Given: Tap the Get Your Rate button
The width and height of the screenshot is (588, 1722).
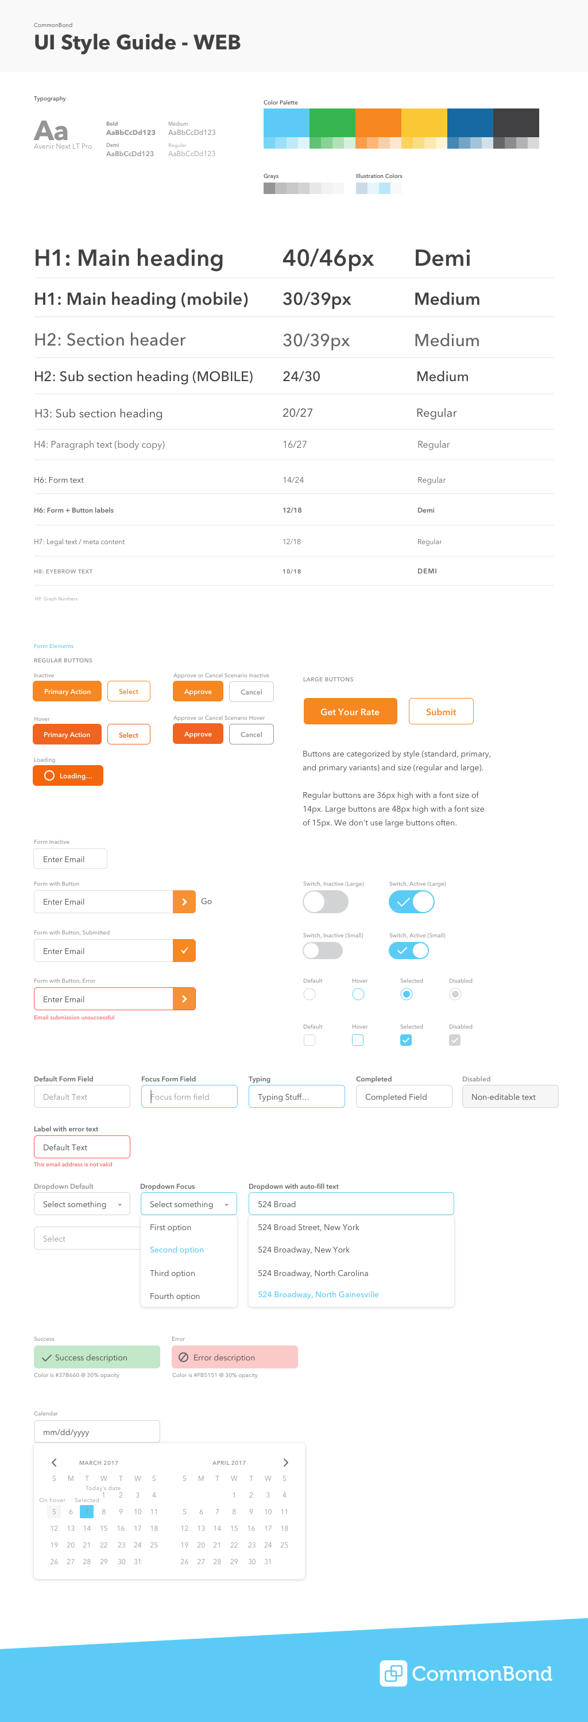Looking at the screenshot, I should coord(350,711).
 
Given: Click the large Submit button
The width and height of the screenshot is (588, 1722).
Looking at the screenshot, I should coord(441,711).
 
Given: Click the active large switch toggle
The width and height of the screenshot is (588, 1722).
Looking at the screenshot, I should coord(411,902).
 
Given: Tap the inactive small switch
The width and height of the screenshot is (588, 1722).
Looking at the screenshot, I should coord(323,950).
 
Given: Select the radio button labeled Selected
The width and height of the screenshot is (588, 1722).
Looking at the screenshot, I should coord(406,994).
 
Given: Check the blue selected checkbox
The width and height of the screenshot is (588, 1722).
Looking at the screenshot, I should coord(406,1040).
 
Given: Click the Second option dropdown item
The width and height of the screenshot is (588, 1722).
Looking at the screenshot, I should coord(177,1250).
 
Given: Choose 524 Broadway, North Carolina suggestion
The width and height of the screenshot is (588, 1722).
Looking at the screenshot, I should coord(313,1273).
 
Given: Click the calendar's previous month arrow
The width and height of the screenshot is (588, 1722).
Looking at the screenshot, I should coord(54,1462).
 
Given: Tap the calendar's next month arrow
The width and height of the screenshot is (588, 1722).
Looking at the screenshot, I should coord(285,1462).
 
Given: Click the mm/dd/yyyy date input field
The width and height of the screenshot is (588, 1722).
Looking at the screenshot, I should coord(97,1432).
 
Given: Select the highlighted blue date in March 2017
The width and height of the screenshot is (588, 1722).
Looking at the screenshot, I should coord(87,1511).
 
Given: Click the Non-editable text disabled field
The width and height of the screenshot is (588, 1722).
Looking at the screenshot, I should coord(510,1096).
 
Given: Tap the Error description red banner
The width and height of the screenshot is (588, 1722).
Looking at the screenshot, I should coord(234,1357).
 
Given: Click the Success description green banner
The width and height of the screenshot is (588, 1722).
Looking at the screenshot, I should coord(97,1357).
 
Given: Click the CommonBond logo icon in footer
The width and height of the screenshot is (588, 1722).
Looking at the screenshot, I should coord(393,1673).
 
